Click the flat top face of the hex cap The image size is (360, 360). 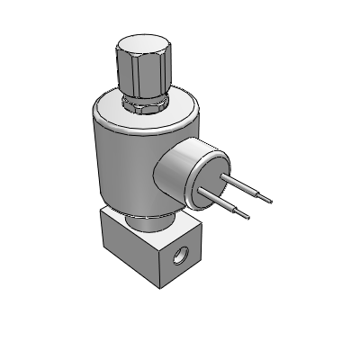coord(139,46)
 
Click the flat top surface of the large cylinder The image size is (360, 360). coord(108,113)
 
